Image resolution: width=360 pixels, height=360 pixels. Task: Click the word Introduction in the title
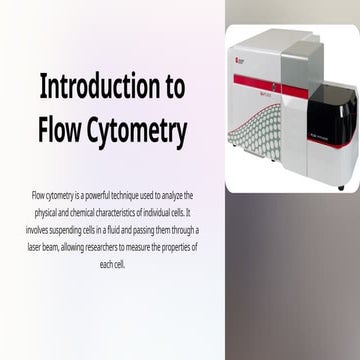coord(97,87)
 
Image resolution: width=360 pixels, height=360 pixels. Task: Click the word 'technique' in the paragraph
coord(129,194)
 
